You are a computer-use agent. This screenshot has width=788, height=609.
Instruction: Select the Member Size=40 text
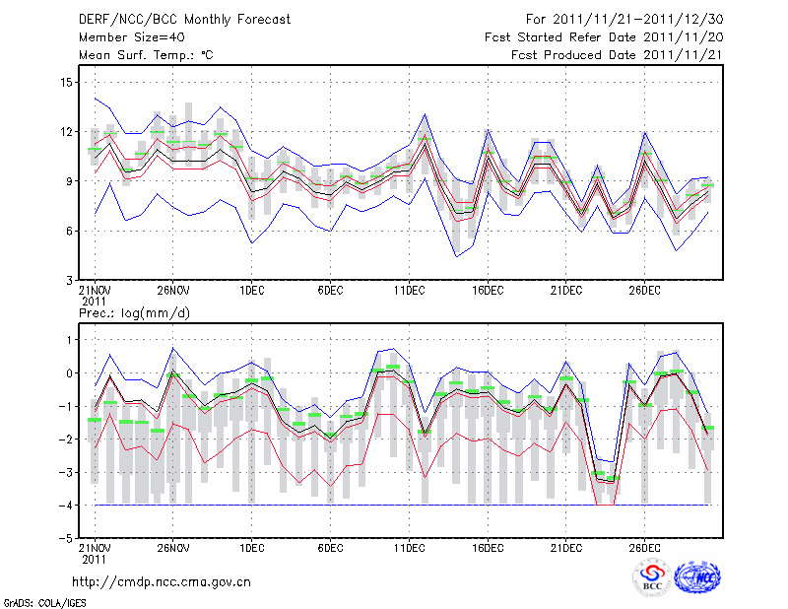pyautogui.click(x=128, y=37)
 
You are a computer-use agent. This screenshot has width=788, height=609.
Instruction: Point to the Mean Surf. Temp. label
pyautogui.click(x=146, y=55)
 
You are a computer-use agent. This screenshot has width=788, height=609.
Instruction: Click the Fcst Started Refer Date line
pyautogui.click(x=603, y=37)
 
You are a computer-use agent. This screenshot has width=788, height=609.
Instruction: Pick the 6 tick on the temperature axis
pyautogui.click(x=68, y=231)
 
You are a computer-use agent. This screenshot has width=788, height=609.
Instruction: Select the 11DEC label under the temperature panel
pyautogui.click(x=409, y=290)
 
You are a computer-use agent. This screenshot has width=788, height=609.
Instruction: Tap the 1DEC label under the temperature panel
pyautogui.click(x=251, y=290)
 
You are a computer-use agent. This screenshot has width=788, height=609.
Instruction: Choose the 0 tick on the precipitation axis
pyautogui.click(x=68, y=373)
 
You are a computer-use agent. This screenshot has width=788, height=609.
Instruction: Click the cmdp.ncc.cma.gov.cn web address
pyautogui.click(x=162, y=582)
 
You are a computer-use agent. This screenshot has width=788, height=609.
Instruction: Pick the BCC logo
pyautogui.click(x=652, y=579)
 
